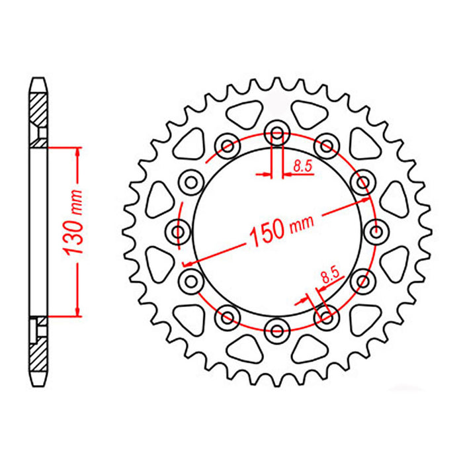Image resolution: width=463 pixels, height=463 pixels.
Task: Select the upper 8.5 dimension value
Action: coord(303,168)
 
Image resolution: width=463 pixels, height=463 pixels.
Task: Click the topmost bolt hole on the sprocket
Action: coord(276,135)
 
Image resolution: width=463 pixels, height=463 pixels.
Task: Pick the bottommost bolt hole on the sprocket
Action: coord(276,328)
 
